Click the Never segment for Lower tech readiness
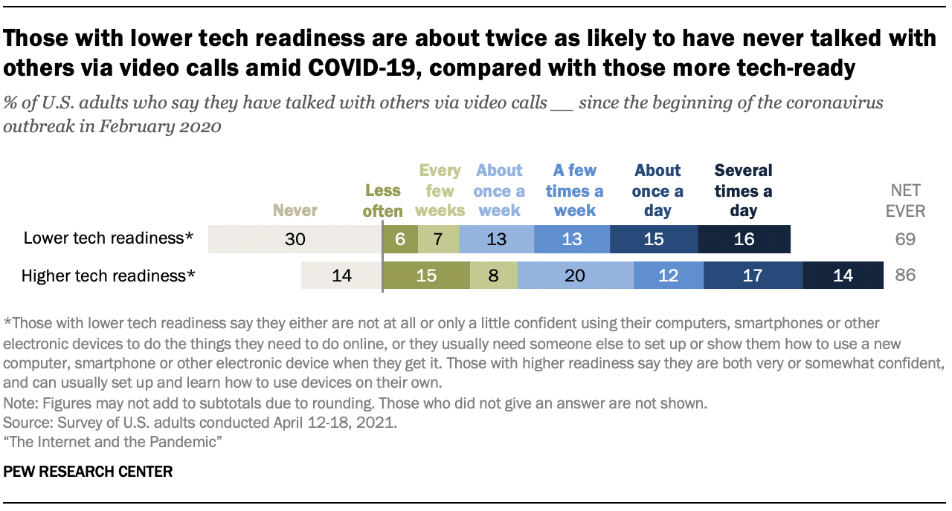click(295, 239)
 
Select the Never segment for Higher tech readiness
click(341, 276)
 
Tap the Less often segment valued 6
click(400, 239)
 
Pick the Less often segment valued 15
click(426, 276)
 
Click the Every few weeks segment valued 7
click(438, 239)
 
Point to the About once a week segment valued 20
click(575, 276)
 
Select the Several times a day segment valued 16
click(744, 239)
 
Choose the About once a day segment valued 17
click(753, 276)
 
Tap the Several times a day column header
click(743, 191)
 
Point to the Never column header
click(295, 211)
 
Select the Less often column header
click(383, 201)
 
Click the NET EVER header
click(905, 201)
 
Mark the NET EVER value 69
click(905, 239)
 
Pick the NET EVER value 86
click(905, 276)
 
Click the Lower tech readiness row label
click(109, 239)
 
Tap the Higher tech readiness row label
click(109, 276)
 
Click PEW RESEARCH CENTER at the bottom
click(89, 472)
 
